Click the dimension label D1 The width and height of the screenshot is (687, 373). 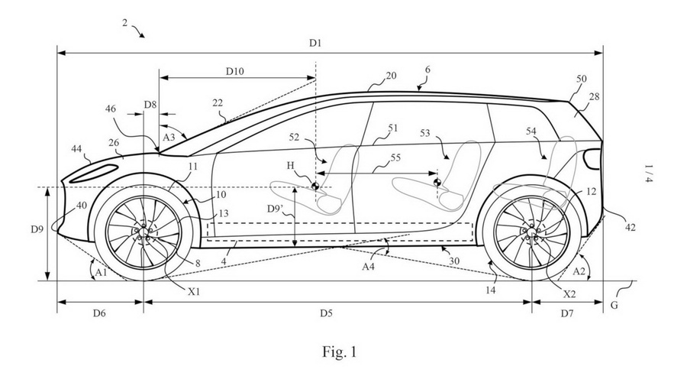[x=315, y=43]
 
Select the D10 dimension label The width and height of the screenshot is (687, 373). [x=235, y=70]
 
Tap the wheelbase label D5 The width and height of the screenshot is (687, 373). [x=326, y=313]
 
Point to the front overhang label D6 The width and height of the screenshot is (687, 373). [x=99, y=313]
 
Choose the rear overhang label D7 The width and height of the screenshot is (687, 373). [x=567, y=313]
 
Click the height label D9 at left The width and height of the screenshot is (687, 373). [x=37, y=229]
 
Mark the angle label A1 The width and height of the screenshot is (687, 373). [x=102, y=273]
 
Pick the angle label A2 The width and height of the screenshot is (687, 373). [x=579, y=271]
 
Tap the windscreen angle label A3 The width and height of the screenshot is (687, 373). [x=169, y=137]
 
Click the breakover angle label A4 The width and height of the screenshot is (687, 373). [x=369, y=265]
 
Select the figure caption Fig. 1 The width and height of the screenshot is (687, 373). [x=340, y=352]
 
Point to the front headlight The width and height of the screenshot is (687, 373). [x=93, y=173]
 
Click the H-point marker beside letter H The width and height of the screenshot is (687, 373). [x=314, y=186]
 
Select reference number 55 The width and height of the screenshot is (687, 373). [x=395, y=157]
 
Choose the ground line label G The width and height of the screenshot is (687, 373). [x=614, y=305]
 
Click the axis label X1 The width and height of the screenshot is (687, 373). [x=194, y=291]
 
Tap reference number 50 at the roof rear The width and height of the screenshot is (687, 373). [x=581, y=79]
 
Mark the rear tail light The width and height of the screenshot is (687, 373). [x=593, y=159]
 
